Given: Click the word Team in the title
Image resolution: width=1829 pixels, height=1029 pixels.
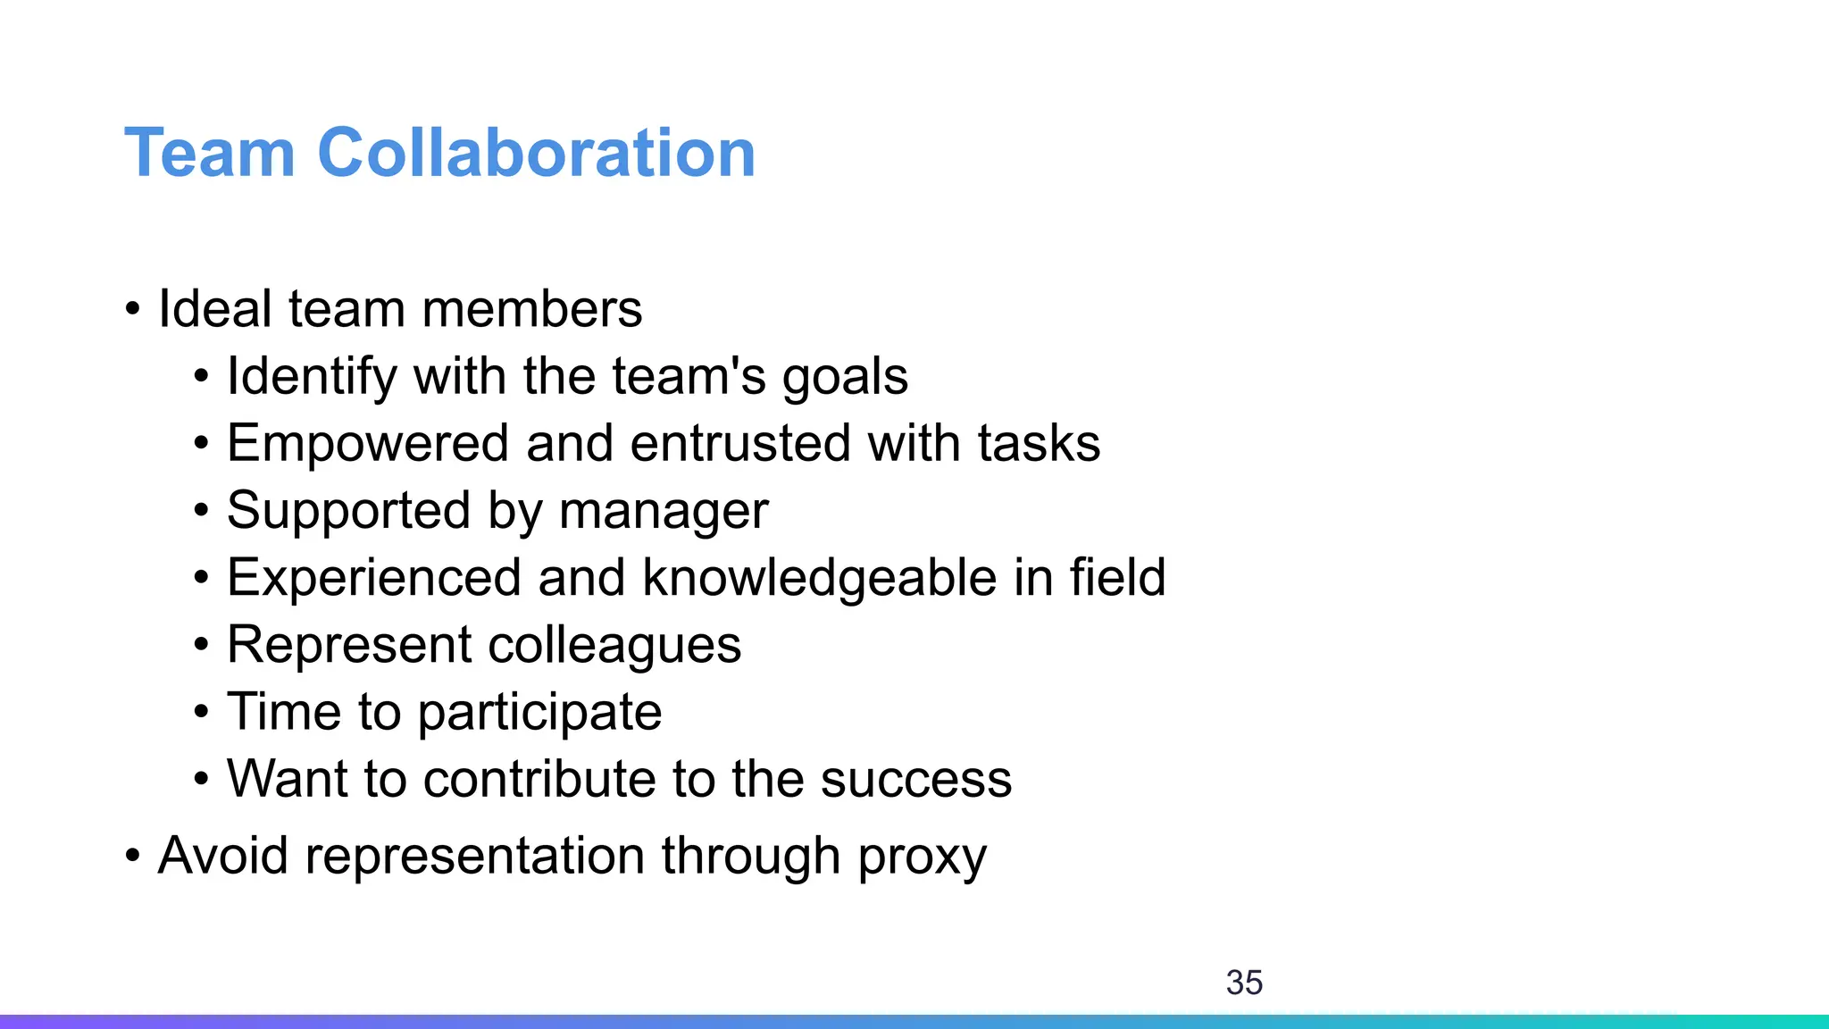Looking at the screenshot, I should (x=210, y=153).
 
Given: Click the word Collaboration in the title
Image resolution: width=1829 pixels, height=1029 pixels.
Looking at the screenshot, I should (x=536, y=153).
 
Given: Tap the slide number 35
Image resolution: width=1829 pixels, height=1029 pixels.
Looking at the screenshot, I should (x=1244, y=983).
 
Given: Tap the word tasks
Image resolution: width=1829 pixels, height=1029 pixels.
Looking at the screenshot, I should (x=1039, y=444).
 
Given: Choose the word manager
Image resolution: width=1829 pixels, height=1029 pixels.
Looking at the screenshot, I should (x=664, y=512).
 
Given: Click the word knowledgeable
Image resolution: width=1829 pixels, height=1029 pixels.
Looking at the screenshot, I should (x=819, y=578).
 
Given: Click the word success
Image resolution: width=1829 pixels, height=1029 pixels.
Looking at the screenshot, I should (x=916, y=779).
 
